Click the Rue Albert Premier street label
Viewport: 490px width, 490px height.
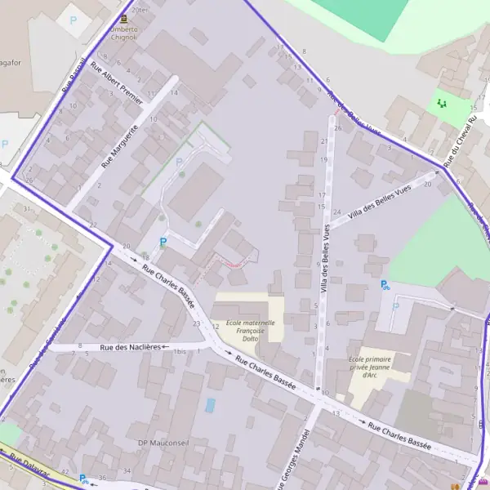[117, 83]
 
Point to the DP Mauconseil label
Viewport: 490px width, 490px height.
[164, 443]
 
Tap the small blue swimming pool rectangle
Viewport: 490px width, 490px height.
[211, 405]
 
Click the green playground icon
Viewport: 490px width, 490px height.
[442, 103]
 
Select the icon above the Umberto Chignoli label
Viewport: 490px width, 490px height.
[123, 18]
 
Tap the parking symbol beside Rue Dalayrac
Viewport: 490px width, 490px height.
[84, 479]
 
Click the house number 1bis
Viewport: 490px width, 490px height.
[180, 350]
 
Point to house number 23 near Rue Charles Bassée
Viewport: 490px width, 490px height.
[196, 323]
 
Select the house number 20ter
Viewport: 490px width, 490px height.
[140, 10]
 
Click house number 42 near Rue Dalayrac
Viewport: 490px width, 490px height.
[65, 473]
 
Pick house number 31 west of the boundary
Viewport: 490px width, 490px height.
[27, 208]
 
